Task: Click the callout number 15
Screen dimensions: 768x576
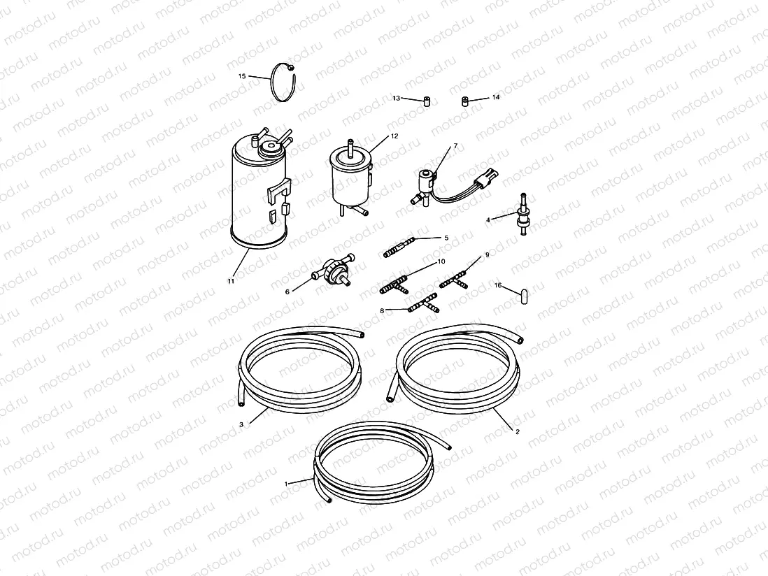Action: [x=242, y=76]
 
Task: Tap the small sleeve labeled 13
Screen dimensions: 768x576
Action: [x=427, y=101]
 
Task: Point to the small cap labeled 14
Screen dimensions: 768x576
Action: [x=465, y=101]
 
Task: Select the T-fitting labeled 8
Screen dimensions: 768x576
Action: [x=424, y=304]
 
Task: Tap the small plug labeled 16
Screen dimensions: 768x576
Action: [x=523, y=296]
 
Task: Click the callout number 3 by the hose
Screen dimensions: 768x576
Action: [x=241, y=424]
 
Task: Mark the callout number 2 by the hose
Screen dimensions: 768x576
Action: [x=517, y=431]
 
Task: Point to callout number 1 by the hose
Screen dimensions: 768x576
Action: [x=287, y=484]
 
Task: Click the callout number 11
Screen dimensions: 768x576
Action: [x=231, y=281]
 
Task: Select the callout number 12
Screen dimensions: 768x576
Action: [x=394, y=136]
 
